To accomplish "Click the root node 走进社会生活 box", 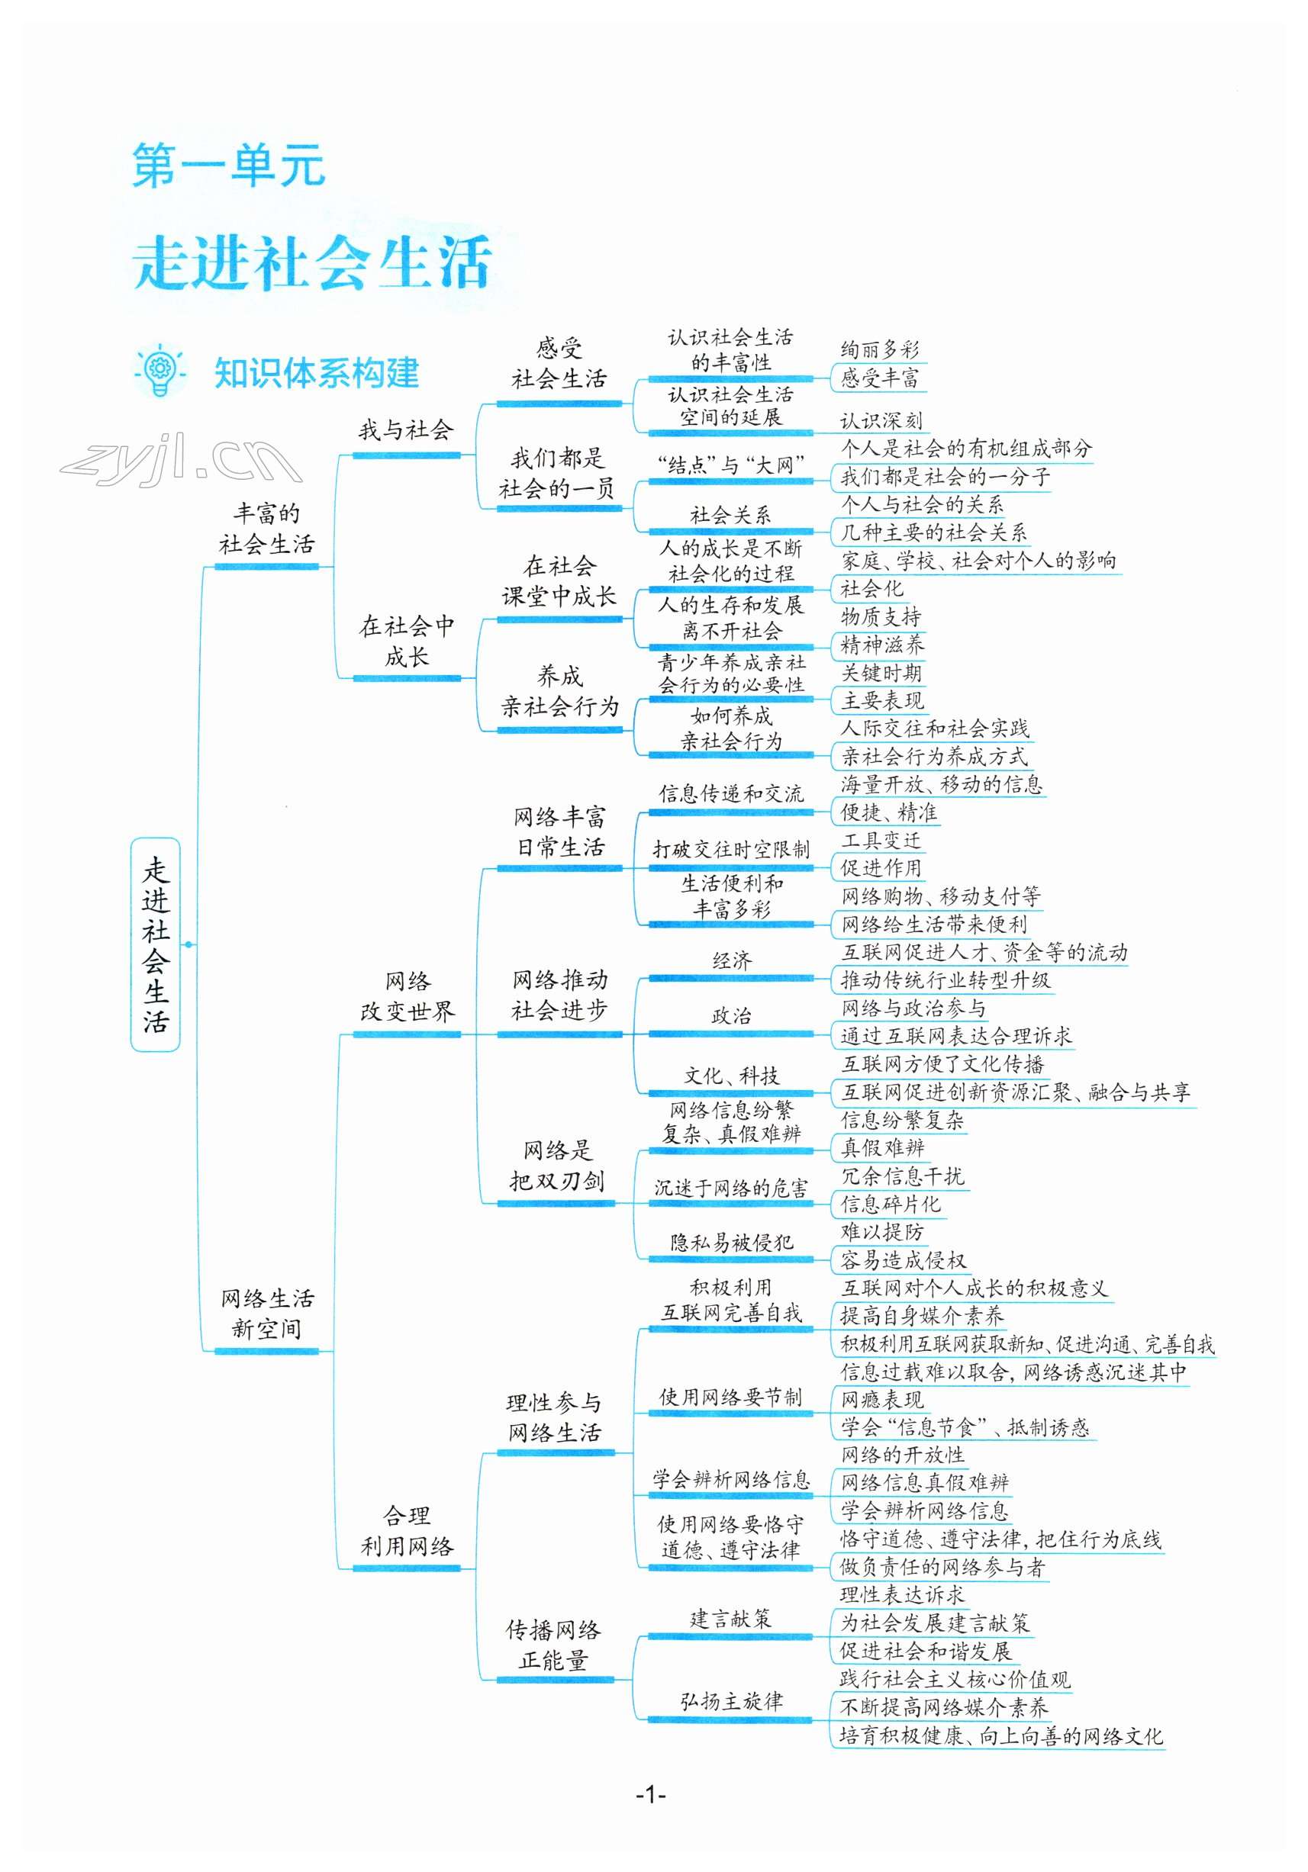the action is [x=155, y=944].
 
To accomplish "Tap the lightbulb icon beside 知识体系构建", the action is [x=159, y=372].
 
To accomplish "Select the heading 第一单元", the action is [x=228, y=166].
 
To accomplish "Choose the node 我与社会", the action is [x=405, y=429].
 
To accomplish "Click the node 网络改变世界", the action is [x=407, y=996].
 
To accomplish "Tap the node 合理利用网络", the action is [x=407, y=1530].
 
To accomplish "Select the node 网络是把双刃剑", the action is [x=558, y=1165].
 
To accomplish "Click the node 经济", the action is [x=732, y=960].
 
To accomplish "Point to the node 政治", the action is [x=732, y=1016].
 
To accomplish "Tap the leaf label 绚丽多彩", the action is [x=880, y=350].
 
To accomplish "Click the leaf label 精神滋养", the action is [x=882, y=645].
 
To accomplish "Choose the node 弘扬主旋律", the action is [x=732, y=1701].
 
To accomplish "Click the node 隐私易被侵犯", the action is [x=732, y=1243].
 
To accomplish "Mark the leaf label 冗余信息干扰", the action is [x=902, y=1176].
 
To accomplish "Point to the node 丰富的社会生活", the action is [x=266, y=529].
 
